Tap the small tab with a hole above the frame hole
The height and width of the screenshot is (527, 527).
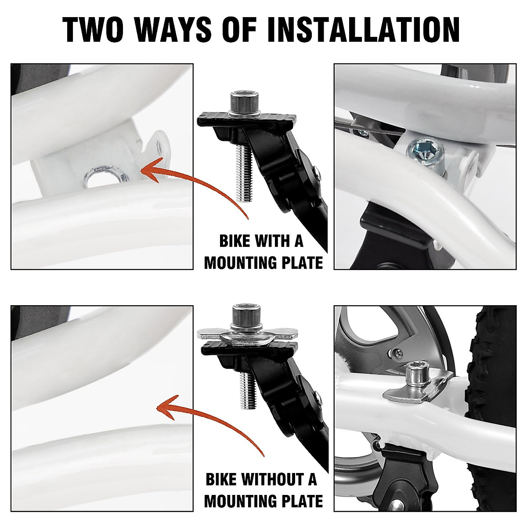click(x=157, y=145)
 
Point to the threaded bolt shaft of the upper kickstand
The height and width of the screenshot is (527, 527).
click(x=242, y=173)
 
